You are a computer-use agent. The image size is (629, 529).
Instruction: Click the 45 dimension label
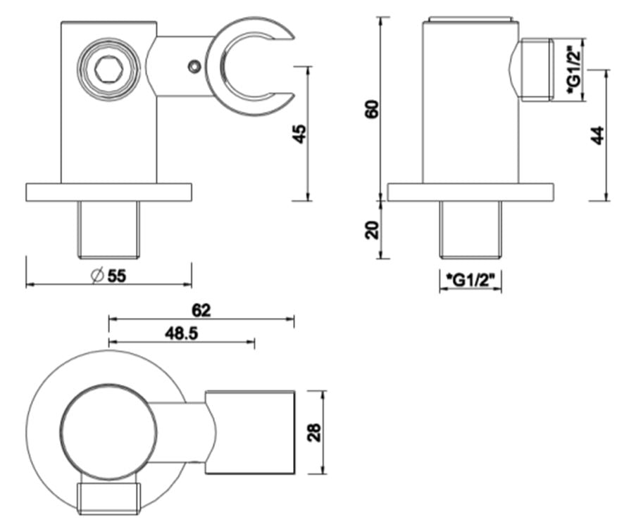click(x=300, y=134)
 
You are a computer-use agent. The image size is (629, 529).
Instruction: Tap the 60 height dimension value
click(x=373, y=109)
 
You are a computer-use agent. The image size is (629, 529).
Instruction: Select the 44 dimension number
click(x=597, y=135)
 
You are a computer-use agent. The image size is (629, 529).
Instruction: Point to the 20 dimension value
click(x=373, y=230)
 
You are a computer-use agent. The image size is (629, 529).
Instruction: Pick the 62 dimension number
click(x=201, y=310)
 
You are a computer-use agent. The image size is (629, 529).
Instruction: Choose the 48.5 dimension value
click(x=181, y=333)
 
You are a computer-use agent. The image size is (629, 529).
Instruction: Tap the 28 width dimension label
click(x=314, y=433)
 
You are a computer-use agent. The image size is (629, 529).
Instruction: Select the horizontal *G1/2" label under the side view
click(x=470, y=279)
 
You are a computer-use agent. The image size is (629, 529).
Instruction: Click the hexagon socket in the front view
click(x=108, y=70)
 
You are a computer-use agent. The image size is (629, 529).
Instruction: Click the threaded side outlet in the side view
click(x=537, y=70)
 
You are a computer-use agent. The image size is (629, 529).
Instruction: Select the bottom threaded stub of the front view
click(x=108, y=229)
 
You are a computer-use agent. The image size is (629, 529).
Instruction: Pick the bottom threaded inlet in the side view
click(x=471, y=229)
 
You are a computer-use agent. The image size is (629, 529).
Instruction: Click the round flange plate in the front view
click(x=108, y=192)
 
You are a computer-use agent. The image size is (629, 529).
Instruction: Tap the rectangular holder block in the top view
click(x=250, y=432)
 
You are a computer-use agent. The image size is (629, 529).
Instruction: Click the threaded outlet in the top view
click(x=108, y=498)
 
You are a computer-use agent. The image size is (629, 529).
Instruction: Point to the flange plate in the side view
click(x=471, y=192)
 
